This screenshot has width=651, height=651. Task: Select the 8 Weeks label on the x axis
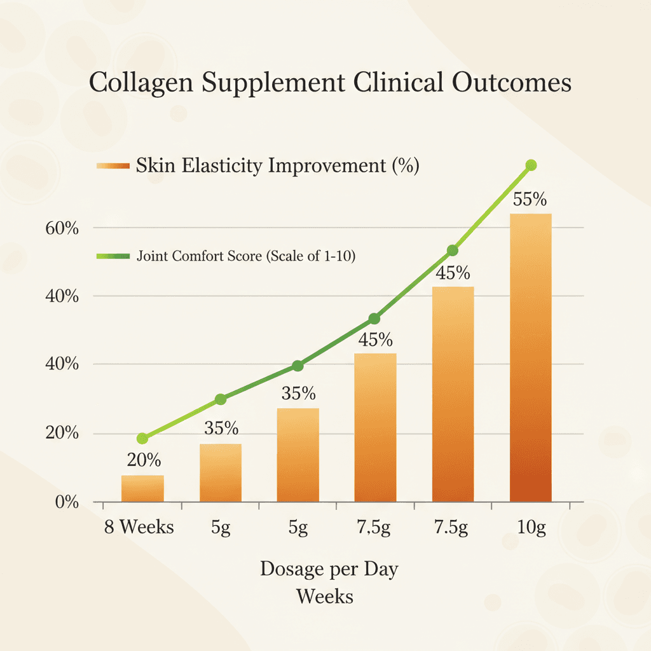[x=139, y=527]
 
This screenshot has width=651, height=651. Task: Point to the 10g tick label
[x=531, y=528]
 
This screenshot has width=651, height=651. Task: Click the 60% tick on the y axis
[x=62, y=228]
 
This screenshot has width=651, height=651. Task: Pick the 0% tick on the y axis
[x=66, y=503]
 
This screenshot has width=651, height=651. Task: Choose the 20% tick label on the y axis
[x=62, y=434]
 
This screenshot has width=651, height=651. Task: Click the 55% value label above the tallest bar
[x=530, y=199]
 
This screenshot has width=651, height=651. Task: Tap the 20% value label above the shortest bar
[x=144, y=460]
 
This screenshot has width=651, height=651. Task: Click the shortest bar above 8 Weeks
[x=142, y=488]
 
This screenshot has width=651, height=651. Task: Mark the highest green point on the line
[x=531, y=165]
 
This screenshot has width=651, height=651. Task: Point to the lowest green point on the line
[x=142, y=438]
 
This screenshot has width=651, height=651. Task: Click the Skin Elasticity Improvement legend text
[x=277, y=167]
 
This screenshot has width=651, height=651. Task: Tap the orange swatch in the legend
[x=113, y=167]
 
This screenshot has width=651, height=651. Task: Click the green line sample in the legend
[x=113, y=256]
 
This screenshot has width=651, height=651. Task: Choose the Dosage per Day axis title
[x=329, y=568]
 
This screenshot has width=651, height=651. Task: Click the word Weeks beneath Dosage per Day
[x=325, y=597]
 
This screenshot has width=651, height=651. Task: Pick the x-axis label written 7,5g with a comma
[x=374, y=528]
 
